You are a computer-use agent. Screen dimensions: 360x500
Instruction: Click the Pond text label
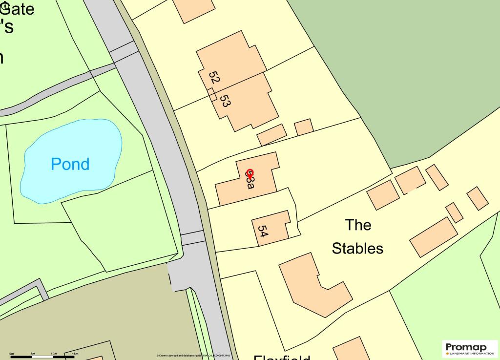click(70, 164)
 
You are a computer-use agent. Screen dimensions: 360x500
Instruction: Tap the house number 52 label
click(214, 78)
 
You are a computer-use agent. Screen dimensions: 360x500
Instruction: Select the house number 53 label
click(225, 101)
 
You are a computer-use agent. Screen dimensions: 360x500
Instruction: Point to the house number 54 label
click(263, 231)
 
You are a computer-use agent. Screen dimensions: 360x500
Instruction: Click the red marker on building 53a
click(250, 174)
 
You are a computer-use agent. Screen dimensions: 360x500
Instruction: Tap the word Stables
click(357, 248)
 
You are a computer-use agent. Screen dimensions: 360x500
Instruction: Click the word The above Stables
click(358, 225)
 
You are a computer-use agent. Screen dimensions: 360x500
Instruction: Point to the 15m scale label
click(75, 353)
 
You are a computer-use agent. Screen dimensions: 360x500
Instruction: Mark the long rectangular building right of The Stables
click(433, 237)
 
